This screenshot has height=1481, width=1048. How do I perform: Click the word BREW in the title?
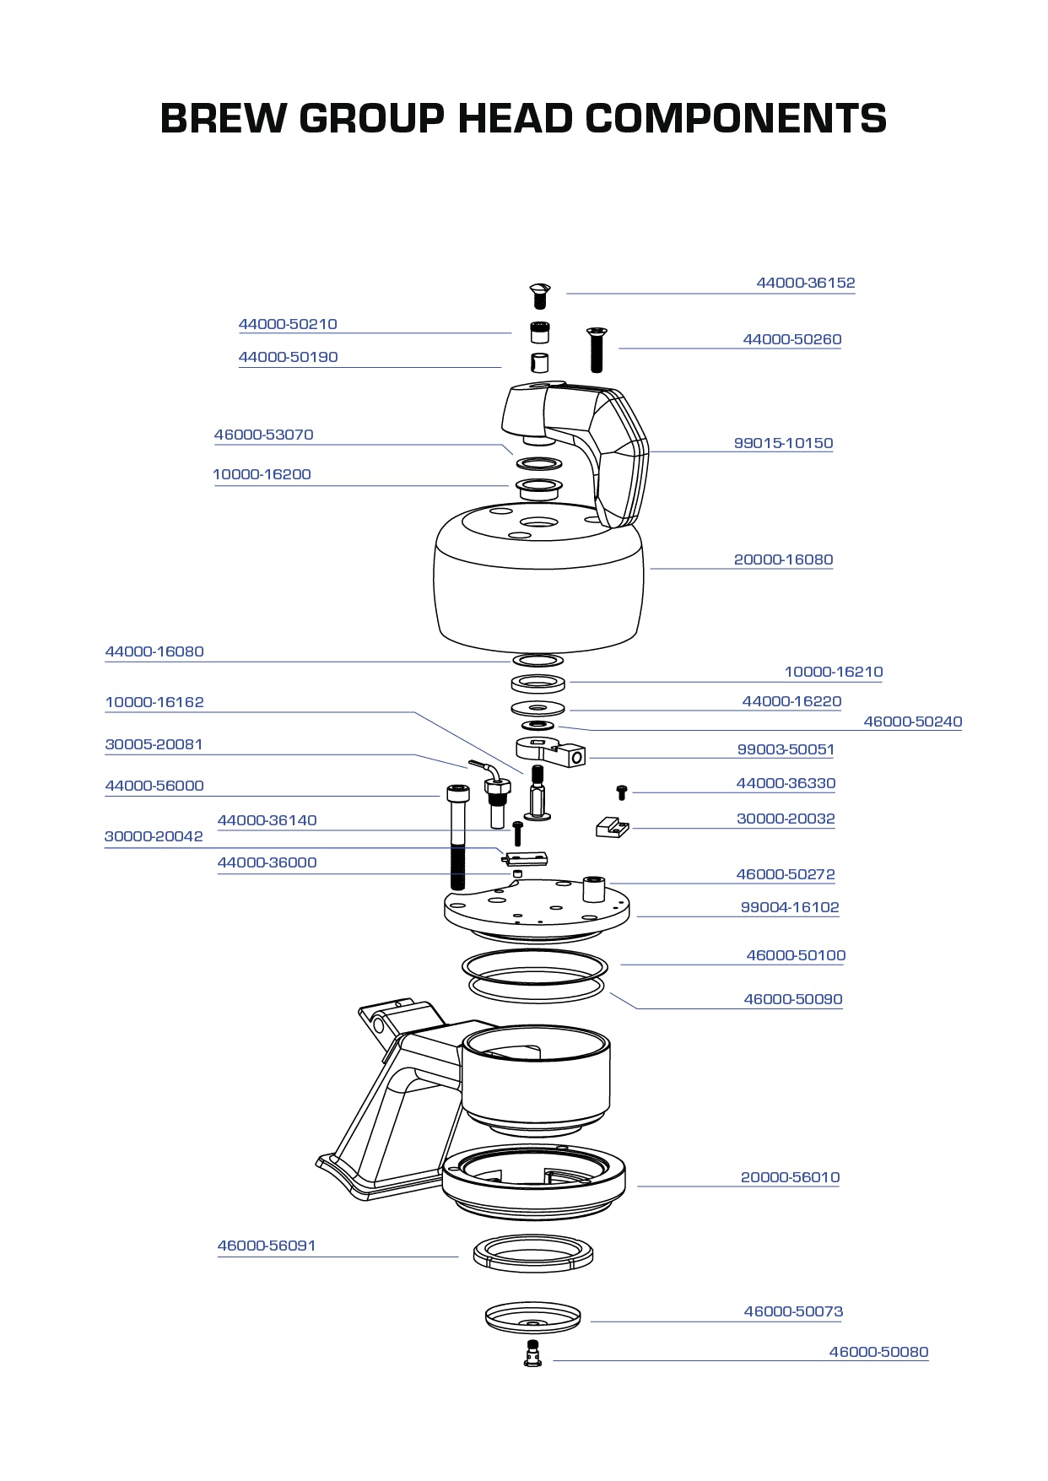click(222, 118)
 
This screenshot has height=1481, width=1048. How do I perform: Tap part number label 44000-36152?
click(805, 283)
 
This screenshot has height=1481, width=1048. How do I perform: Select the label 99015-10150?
click(783, 443)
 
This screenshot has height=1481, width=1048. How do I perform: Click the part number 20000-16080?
click(783, 559)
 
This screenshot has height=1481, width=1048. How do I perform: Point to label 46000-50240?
click(912, 722)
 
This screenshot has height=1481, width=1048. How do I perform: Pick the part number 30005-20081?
click(154, 744)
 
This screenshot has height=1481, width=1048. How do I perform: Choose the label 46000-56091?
click(266, 1246)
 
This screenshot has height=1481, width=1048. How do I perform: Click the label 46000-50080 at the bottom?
click(878, 1352)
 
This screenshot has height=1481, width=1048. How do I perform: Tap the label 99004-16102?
click(789, 907)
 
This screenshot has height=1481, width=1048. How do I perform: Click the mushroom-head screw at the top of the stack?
click(539, 295)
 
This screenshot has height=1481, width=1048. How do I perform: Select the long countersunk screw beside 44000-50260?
click(597, 349)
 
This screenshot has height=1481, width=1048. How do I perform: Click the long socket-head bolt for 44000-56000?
click(456, 835)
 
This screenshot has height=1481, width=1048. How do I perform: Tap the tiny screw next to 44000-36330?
click(622, 792)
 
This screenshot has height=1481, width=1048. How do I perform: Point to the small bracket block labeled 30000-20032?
click(612, 826)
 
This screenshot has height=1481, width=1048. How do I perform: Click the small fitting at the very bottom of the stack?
click(532, 1353)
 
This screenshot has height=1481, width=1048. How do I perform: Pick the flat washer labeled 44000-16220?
click(538, 707)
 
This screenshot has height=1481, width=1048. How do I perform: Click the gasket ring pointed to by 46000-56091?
click(532, 1252)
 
